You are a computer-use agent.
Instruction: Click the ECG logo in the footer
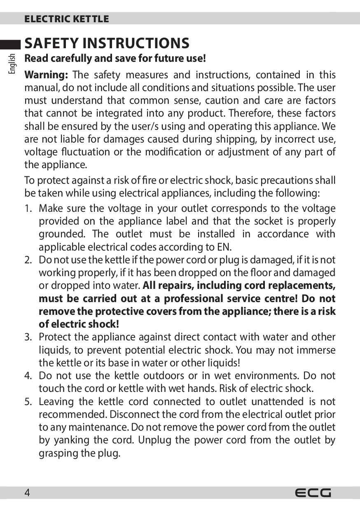pos(313,493)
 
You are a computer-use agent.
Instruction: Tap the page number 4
pos(27,493)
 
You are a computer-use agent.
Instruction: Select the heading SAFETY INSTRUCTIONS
pos(107,43)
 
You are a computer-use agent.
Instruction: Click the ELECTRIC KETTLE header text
pos(67,19)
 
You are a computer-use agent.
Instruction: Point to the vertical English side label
pos(12,63)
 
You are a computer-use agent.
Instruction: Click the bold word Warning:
pos(46,75)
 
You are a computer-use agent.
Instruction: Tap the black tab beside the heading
pos(11,44)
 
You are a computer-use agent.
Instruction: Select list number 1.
pos(28,209)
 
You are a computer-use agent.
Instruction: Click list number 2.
pos(28,260)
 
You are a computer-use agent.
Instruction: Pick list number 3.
pos(28,337)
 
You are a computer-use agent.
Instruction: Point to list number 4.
pos(28,376)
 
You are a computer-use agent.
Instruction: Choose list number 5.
pos(28,402)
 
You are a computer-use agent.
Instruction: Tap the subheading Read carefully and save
pos(115,59)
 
